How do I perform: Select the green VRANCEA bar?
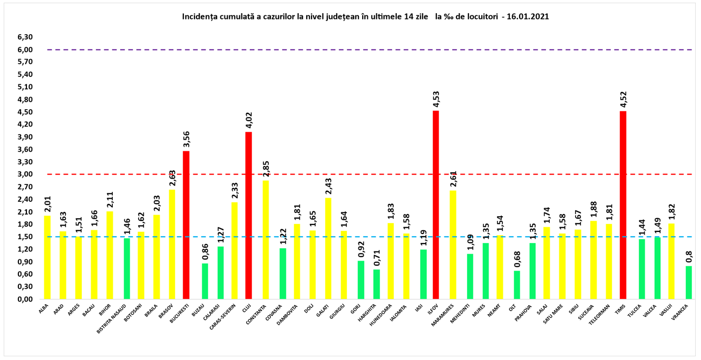[x=689, y=282]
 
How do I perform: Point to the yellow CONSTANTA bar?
[x=265, y=239]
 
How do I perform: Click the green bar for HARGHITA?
[x=376, y=284]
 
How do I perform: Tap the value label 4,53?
[x=436, y=99]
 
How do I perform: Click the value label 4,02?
[x=249, y=120]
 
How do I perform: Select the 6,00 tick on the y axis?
[x=25, y=50]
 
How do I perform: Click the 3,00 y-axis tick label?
[x=25, y=174]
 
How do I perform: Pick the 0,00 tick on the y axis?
[x=25, y=299]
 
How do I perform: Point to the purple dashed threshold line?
[x=369, y=50]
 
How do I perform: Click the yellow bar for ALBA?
[x=47, y=257]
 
